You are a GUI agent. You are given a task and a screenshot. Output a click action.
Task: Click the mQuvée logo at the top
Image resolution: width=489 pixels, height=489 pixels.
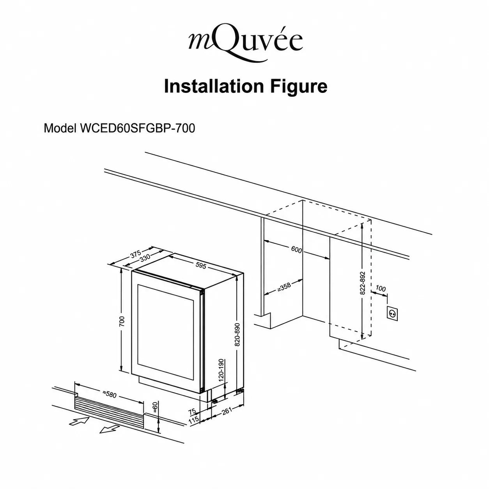(x=245, y=44)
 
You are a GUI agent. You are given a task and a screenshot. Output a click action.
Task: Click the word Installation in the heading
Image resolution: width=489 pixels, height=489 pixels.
(x=214, y=86)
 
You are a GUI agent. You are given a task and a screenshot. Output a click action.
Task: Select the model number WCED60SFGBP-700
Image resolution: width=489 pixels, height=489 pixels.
(x=137, y=128)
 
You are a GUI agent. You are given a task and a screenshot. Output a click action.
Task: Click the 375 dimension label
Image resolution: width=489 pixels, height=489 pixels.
(x=136, y=254)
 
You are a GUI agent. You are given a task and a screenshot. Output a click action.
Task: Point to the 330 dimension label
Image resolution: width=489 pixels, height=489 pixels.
(x=145, y=258)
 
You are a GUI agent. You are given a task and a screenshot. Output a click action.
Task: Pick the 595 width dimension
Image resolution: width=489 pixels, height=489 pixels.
(x=201, y=265)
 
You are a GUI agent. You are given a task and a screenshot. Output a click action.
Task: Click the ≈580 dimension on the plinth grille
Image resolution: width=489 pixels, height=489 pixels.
(x=110, y=395)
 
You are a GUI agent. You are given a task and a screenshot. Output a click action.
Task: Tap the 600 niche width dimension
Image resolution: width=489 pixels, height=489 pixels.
(x=296, y=250)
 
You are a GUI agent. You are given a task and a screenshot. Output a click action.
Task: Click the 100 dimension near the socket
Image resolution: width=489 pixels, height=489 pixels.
(x=380, y=289)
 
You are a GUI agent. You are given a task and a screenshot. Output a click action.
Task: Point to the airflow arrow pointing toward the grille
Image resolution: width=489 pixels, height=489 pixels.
(x=79, y=421)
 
